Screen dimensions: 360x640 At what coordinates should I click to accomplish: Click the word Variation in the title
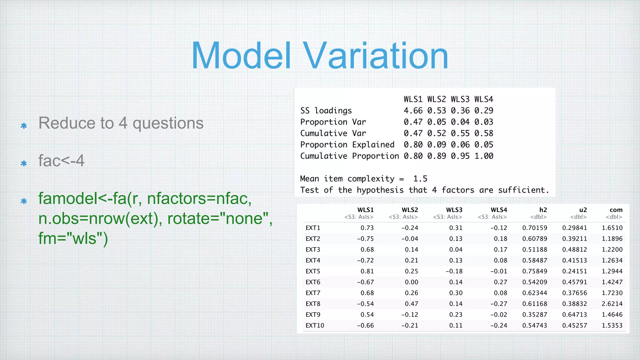376,56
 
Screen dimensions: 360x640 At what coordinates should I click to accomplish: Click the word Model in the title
241,56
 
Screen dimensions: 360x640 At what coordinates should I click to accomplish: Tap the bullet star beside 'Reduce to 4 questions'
24,126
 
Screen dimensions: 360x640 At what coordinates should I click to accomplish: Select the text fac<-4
61,161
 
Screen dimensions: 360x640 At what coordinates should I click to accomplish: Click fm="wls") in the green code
73,238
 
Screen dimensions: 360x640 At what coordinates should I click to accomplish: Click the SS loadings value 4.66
413,111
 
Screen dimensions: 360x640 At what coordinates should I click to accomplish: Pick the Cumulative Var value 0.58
483,133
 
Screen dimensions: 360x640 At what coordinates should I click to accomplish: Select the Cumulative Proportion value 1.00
483,156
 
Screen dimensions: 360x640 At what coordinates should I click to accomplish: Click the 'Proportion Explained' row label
347,145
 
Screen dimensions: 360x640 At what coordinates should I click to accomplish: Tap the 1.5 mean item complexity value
420,179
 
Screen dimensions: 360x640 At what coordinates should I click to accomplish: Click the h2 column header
543,210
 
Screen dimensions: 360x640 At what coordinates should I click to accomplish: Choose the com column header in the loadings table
616,210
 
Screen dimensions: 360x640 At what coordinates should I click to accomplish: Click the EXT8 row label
313,304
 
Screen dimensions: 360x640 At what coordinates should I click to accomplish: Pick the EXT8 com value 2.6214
612,304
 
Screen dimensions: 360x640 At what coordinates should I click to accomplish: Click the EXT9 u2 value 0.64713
574,315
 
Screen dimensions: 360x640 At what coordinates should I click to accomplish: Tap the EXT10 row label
315,326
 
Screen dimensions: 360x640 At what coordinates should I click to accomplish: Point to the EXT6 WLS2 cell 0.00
411,282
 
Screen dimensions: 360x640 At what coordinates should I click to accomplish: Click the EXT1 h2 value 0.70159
534,228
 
